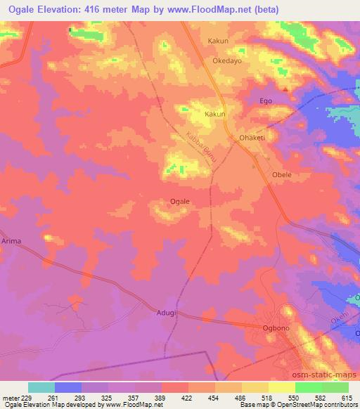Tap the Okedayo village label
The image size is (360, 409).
[x=228, y=61]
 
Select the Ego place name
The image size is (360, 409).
[x=266, y=101]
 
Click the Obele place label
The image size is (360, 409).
[x=281, y=174]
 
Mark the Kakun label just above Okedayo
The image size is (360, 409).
[x=218, y=41]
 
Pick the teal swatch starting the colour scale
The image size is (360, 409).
[x=41, y=387]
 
